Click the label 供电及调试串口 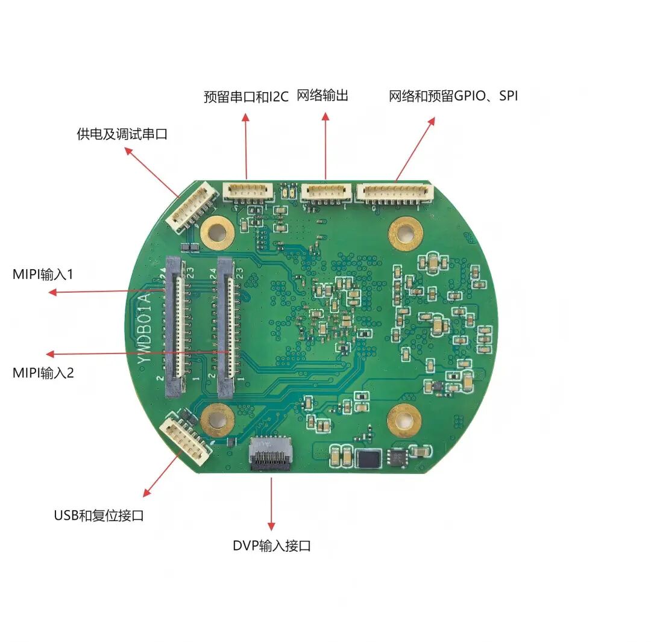[x=122, y=134]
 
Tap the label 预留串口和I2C [x=246, y=96]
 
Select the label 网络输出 [x=322, y=95]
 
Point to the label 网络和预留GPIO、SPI [x=453, y=95]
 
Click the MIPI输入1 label [x=43, y=275]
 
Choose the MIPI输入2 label [x=43, y=373]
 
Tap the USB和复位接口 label [x=99, y=516]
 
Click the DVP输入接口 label [x=272, y=546]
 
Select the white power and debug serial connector [x=192, y=208]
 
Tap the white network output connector [x=326, y=192]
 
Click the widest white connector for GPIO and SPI [x=395, y=192]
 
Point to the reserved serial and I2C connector [x=247, y=192]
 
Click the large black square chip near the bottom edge [x=368, y=458]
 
